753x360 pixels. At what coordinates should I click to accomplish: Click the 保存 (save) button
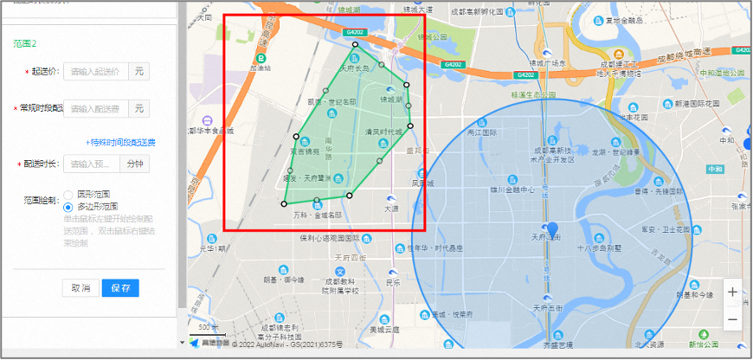120,288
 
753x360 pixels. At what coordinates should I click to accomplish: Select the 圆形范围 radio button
68,195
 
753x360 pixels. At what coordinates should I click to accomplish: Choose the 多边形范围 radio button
68,207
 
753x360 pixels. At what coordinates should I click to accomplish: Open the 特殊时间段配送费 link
122,142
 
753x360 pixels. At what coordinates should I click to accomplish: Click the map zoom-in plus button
733,292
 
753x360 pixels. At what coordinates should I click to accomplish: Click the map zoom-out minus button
733,319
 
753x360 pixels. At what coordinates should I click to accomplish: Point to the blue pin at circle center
553,231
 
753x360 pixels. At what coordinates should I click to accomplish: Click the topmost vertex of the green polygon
356,43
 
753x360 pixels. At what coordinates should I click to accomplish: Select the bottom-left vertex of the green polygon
284,203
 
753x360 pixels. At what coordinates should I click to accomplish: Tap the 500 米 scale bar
207,329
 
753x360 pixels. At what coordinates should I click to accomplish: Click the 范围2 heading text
24,42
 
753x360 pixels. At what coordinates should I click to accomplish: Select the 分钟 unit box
134,164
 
